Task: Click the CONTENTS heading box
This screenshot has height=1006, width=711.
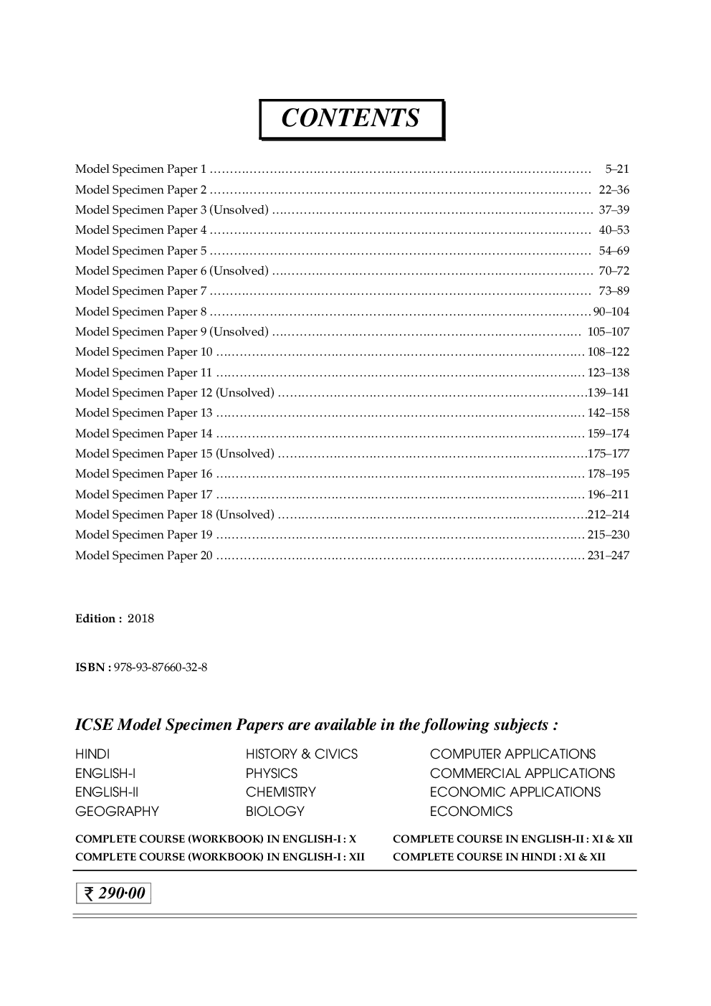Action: coord(351,119)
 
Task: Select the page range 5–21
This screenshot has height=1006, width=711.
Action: coord(616,170)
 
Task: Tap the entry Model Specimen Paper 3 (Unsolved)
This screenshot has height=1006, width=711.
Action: coord(172,210)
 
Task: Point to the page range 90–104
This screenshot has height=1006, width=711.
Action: coord(611,312)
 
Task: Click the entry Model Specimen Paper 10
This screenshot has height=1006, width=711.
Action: coord(144,352)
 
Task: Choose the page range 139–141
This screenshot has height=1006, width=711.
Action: coord(609,393)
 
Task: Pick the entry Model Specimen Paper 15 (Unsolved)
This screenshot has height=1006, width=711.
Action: coord(175,454)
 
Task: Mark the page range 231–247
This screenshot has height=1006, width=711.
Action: coord(609,556)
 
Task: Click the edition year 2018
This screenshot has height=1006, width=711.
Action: coord(140,619)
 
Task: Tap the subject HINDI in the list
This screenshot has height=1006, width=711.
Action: coord(92,754)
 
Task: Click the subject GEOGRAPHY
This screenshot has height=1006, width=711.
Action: coord(117,812)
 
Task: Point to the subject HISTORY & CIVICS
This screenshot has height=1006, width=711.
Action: coord(301,754)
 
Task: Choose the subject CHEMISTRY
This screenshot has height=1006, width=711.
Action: coord(280,792)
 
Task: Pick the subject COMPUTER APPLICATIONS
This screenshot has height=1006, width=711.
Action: coord(512,754)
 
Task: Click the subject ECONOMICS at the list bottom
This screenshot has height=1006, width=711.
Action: coord(471,812)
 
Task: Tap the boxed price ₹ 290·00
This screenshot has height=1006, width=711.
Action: coord(114,893)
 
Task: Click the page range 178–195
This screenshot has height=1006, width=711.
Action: coord(609,474)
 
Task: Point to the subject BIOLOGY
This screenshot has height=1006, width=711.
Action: coord(275,812)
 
